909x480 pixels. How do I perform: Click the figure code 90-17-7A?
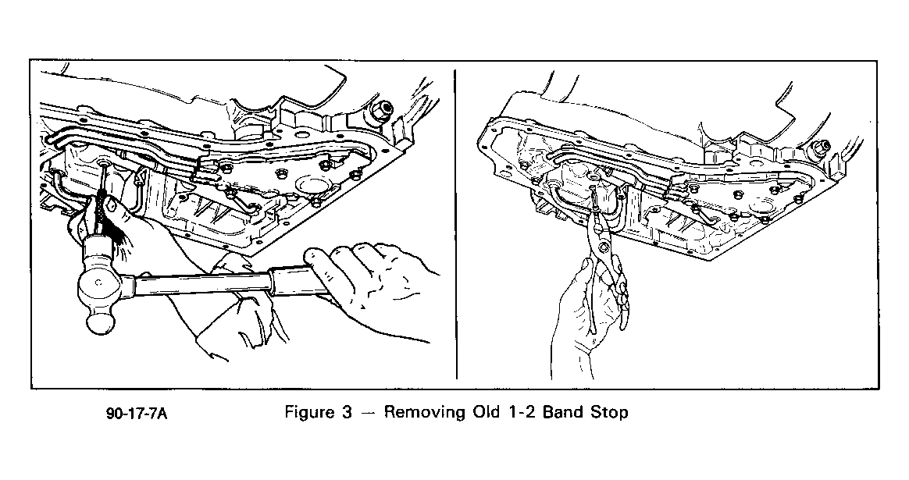click(137, 414)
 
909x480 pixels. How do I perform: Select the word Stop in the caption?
click(608, 412)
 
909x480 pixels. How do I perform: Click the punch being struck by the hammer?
click(102, 197)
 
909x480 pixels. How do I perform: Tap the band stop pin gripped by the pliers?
click(595, 198)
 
